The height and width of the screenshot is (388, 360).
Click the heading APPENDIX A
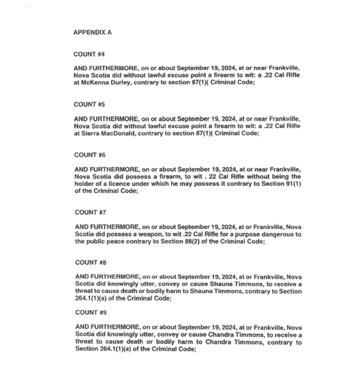pyautogui.click(x=92, y=32)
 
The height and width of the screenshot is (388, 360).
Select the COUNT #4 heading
pyautogui.click(x=89, y=54)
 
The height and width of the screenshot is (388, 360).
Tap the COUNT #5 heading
pyautogui.click(x=89, y=105)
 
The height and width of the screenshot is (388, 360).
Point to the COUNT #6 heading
pyautogui.click(x=89, y=155)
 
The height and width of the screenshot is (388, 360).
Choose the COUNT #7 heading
pyautogui.click(x=90, y=212)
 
